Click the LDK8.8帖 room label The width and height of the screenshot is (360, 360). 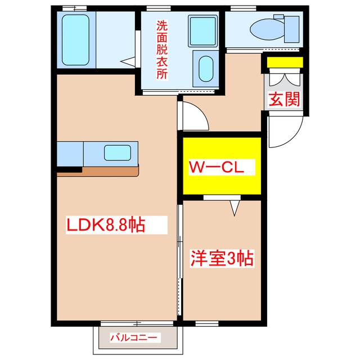tap(106, 226)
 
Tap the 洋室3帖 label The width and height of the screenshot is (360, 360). tap(222, 259)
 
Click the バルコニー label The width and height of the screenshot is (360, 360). tap(135, 337)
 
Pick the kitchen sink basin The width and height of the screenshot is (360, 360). tap(117, 152)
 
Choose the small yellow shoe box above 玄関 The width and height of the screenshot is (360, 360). tap(284, 62)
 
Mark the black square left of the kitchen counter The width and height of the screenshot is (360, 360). tap(69, 169)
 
